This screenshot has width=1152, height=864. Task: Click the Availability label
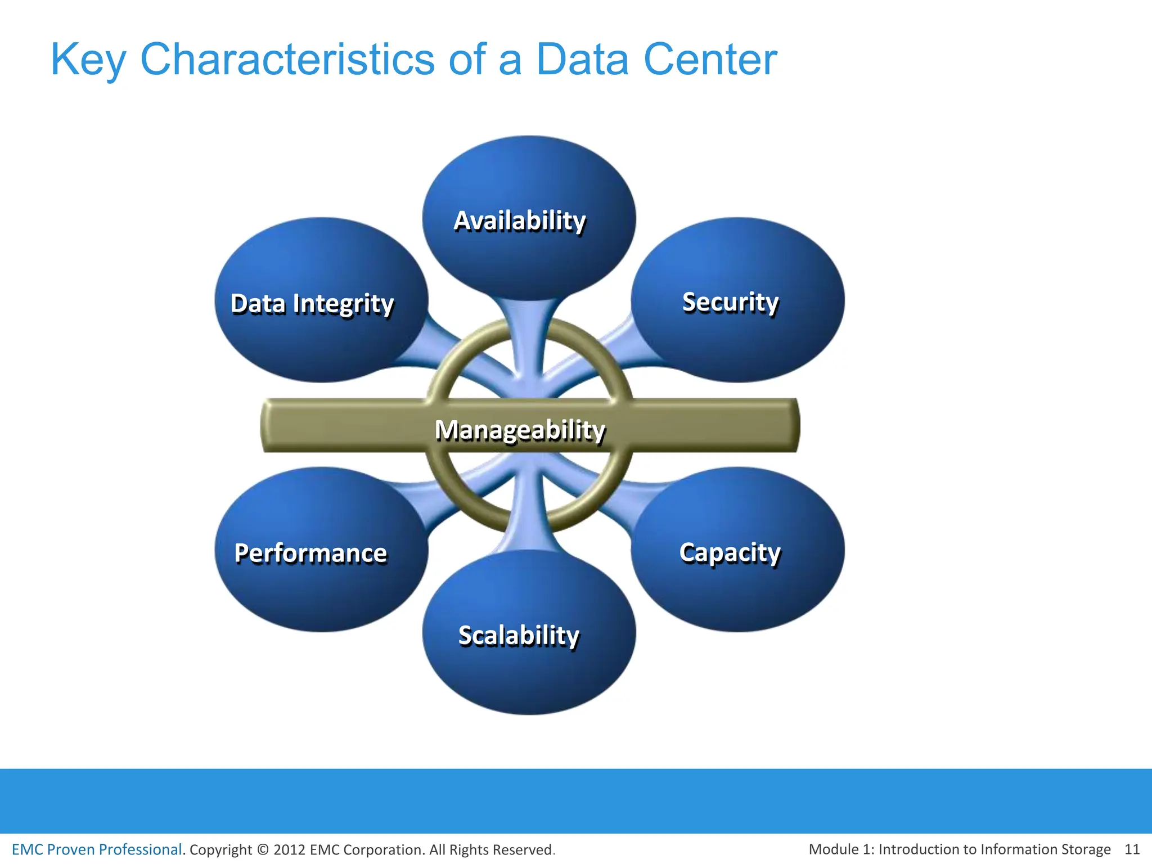click(x=520, y=220)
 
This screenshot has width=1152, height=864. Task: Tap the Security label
click(x=730, y=302)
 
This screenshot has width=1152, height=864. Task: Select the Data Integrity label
click(x=312, y=304)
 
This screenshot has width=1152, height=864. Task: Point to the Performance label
click(x=310, y=553)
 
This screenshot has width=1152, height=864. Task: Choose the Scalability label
click(x=519, y=636)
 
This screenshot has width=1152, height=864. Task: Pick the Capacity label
click(x=730, y=553)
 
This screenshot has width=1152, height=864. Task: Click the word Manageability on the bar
click(x=520, y=430)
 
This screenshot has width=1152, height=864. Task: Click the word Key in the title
click(x=88, y=60)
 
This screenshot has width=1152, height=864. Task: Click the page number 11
click(x=1131, y=849)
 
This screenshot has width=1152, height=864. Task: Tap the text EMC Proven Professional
click(x=97, y=849)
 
